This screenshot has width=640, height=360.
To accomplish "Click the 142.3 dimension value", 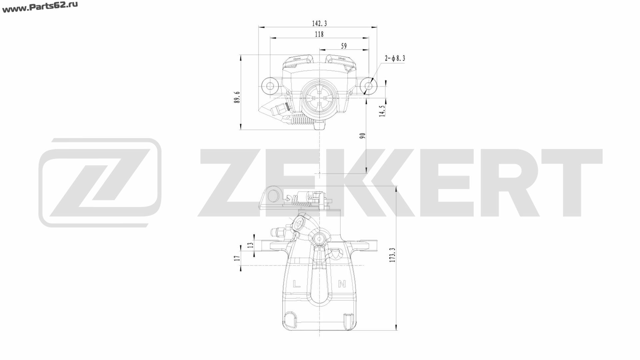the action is [319, 23].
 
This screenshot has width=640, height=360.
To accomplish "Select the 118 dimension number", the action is [319, 34].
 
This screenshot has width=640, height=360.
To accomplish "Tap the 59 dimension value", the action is [344, 46].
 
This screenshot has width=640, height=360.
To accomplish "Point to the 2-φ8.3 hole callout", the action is [395, 58].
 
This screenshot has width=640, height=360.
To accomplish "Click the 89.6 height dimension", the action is [237, 97].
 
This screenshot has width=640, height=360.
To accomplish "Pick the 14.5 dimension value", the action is [382, 111].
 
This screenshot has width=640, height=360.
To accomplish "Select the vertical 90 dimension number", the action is [363, 136].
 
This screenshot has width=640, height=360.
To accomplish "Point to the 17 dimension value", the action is [237, 258].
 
